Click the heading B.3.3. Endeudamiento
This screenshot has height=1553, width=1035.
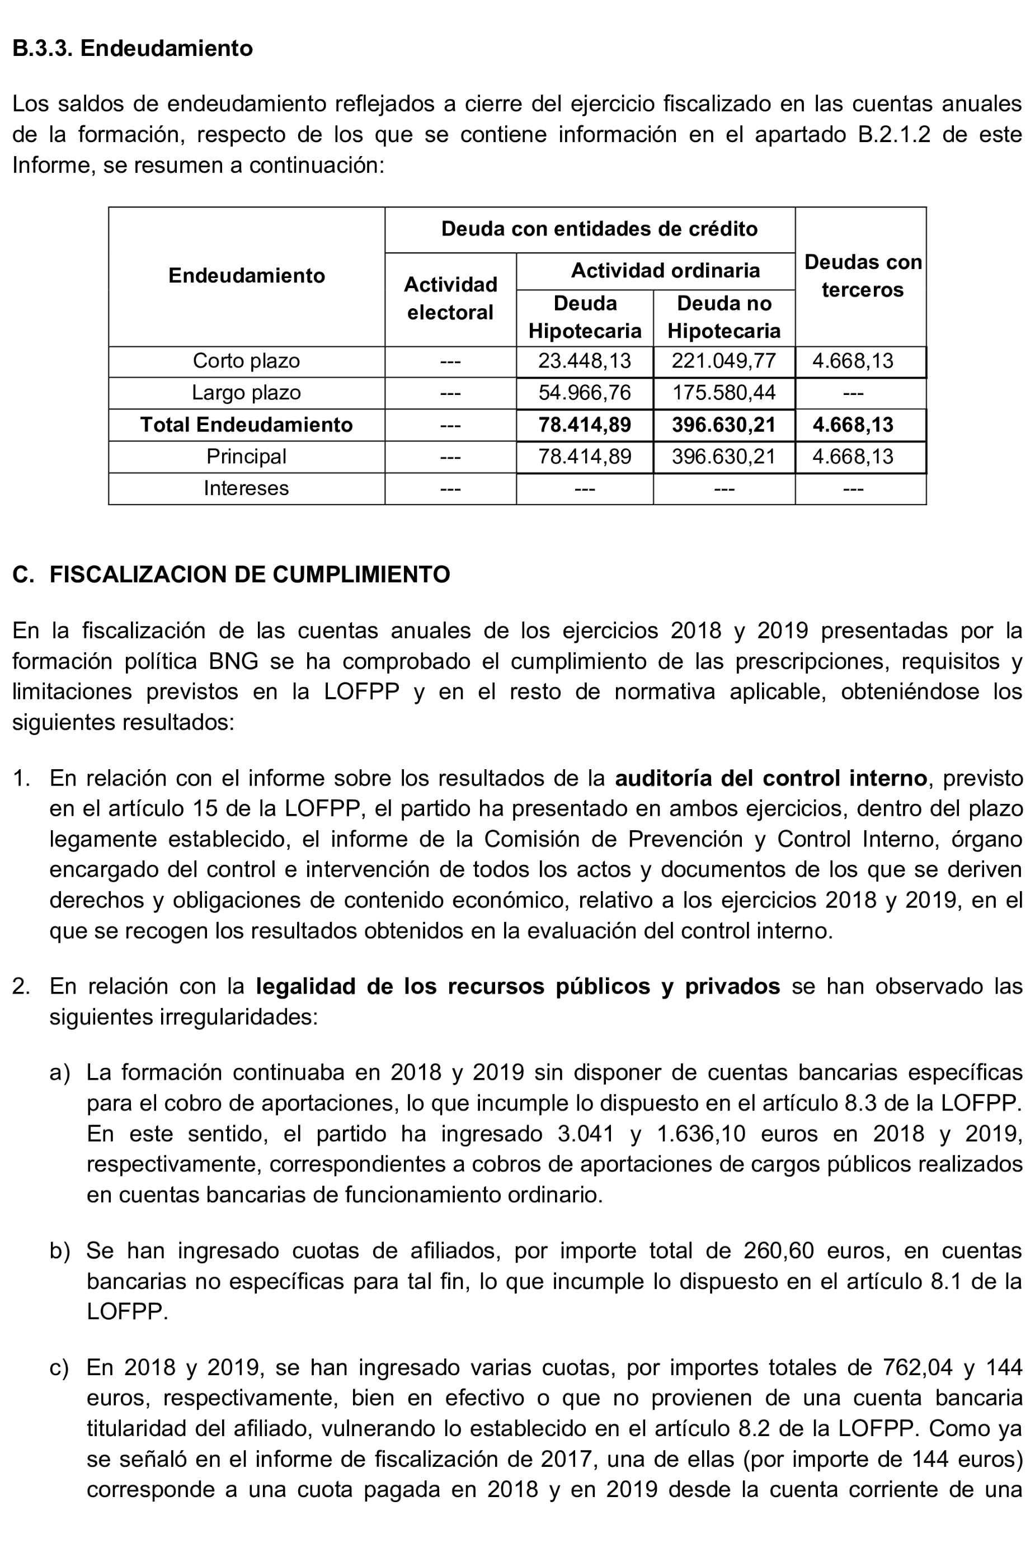(133, 48)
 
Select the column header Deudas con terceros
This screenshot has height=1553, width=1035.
(862, 276)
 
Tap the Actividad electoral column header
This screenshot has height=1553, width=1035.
(450, 298)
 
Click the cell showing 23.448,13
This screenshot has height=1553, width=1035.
(584, 361)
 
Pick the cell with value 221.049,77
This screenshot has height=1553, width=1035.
(723, 361)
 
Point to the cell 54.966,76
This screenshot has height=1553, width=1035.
(584, 393)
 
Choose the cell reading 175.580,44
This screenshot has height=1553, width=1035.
(723, 393)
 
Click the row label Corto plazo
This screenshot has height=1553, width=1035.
(246, 361)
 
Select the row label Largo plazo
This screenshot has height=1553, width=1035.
(246, 393)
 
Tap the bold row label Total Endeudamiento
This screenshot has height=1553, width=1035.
(246, 425)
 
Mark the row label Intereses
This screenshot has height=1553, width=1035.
(246, 488)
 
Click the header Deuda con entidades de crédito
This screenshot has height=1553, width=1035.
(599, 229)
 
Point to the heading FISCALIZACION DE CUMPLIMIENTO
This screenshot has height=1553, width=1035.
(250, 574)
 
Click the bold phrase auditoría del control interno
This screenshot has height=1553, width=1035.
(770, 778)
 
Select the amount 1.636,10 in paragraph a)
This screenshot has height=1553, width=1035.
(701, 1133)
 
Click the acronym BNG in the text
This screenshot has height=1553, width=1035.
(234, 661)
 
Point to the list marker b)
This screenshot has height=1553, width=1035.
(60, 1251)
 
